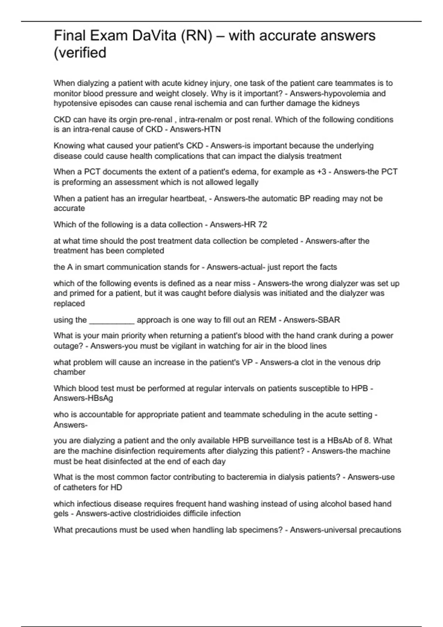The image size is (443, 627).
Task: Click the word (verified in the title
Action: (80, 53)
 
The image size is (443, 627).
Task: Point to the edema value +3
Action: (322, 172)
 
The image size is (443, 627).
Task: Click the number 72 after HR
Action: (262, 225)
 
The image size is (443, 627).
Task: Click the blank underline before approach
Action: (112, 320)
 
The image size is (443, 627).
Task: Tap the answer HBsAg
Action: (102, 398)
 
